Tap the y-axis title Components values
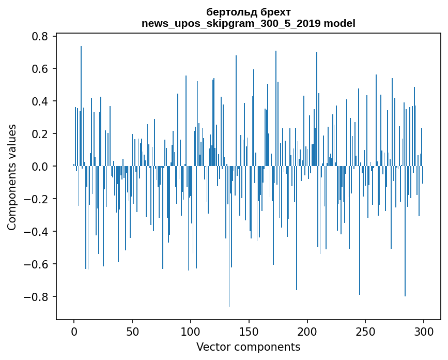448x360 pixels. (x=12, y=177)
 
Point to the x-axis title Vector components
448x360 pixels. (x=248, y=347)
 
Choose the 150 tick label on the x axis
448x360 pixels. (x=249, y=331)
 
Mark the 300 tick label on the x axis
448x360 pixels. (x=424, y=331)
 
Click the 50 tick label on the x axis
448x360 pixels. (x=132, y=331)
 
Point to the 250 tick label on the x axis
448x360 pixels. (x=366, y=331)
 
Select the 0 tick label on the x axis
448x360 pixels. (x=74, y=331)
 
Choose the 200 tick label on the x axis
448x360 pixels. (x=307, y=331)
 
